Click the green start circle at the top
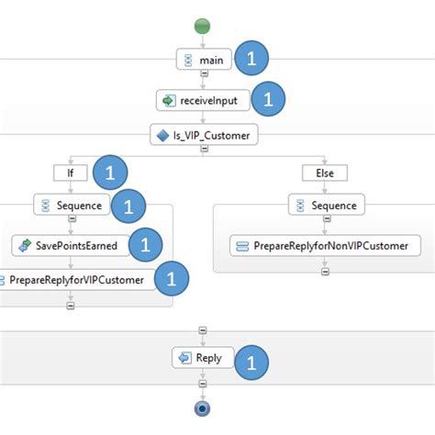[x=203, y=27]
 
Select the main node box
[x=203, y=60]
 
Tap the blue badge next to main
[x=252, y=60]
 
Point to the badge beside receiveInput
[x=269, y=100]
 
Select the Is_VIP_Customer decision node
[x=204, y=136]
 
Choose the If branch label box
[x=70, y=172]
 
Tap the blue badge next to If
[x=110, y=172]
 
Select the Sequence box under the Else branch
[x=328, y=206]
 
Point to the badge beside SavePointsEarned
[x=145, y=245]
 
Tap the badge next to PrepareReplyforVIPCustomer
[x=171, y=280]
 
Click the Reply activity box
[x=203, y=358]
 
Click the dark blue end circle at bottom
[x=203, y=407]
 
